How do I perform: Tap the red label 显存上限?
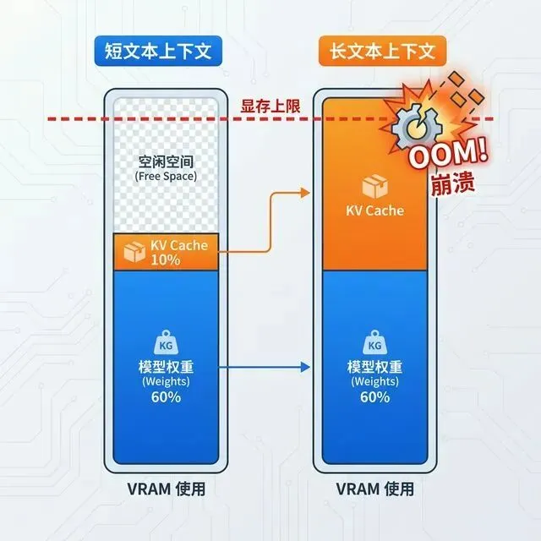click(269, 105)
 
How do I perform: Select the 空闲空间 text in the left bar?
click(167, 161)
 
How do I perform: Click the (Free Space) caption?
click(167, 177)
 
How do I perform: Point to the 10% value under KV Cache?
click(166, 260)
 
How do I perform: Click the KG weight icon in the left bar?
click(167, 344)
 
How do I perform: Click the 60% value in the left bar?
click(167, 396)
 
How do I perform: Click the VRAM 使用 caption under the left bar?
click(167, 489)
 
